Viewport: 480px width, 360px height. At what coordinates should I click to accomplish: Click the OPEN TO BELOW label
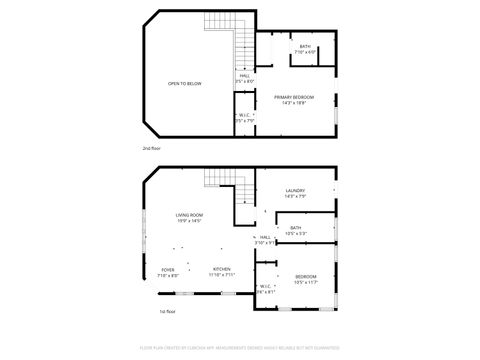pyautogui.click(x=184, y=83)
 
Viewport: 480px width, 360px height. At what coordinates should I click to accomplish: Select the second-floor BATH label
pyautogui.click(x=305, y=46)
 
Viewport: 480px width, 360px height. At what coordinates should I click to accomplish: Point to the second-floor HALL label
pyautogui.click(x=244, y=75)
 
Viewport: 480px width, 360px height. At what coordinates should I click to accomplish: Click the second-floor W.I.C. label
pyautogui.click(x=244, y=115)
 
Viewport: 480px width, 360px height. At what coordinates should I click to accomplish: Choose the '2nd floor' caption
pyautogui.click(x=150, y=148)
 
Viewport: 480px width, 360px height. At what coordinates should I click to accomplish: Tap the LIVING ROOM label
pyautogui.click(x=189, y=215)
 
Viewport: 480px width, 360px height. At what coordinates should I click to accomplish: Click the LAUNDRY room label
pyautogui.click(x=295, y=190)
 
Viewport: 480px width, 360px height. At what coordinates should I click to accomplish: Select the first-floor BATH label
pyautogui.click(x=295, y=228)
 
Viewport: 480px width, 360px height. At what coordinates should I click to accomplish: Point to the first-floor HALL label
pyautogui.click(x=265, y=237)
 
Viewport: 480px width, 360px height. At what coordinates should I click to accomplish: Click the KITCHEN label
pyautogui.click(x=221, y=268)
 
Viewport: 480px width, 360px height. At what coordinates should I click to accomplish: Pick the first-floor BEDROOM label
pyautogui.click(x=305, y=276)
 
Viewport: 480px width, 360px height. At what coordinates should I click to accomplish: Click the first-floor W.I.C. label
pyautogui.click(x=266, y=287)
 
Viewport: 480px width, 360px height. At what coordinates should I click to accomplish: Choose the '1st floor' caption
pyautogui.click(x=168, y=311)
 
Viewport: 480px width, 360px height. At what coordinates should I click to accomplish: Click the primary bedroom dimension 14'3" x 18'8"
pyautogui.click(x=294, y=102)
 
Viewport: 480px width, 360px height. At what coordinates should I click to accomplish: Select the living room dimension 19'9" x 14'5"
pyautogui.click(x=189, y=221)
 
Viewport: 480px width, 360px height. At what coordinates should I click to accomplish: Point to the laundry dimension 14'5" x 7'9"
pyautogui.click(x=295, y=196)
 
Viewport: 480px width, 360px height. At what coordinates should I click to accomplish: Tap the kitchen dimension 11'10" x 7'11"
pyautogui.click(x=221, y=274)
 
